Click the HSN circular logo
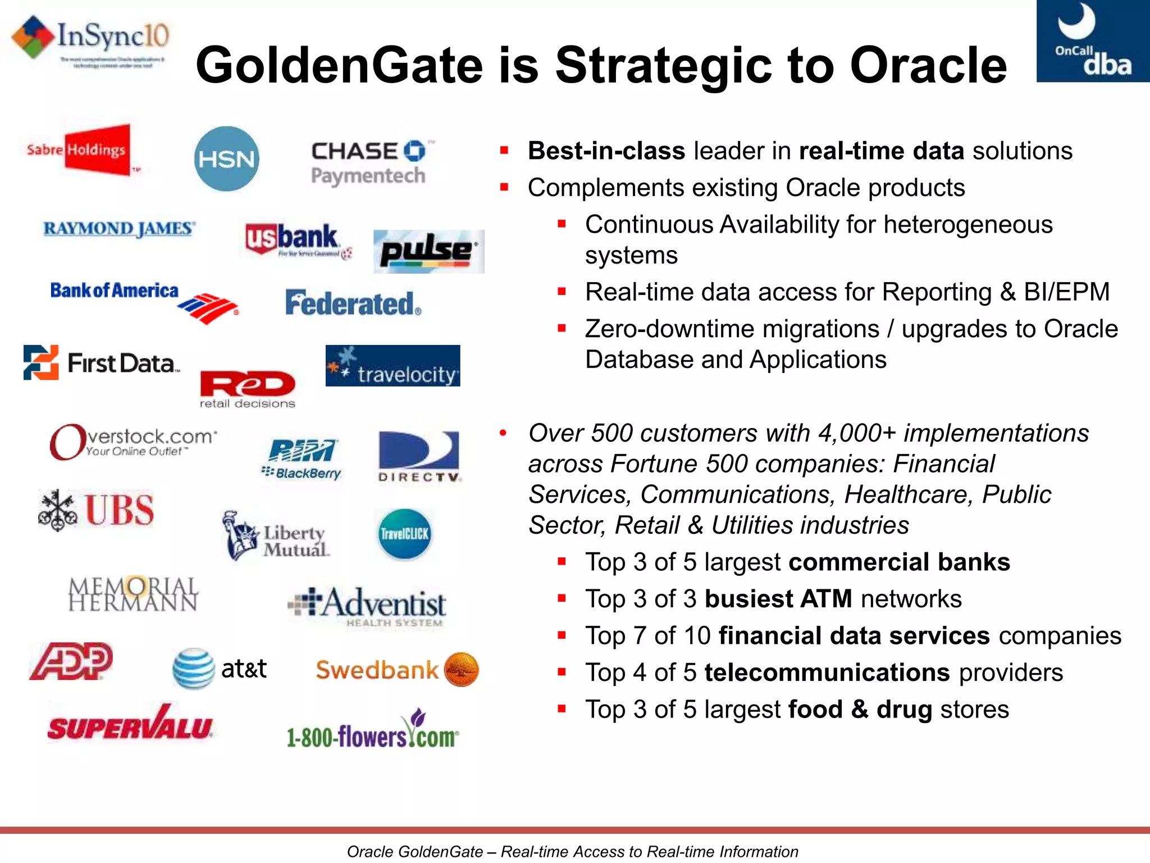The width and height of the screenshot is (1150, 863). tap(226, 158)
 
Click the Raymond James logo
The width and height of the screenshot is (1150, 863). tap(119, 229)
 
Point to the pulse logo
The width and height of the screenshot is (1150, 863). tap(428, 251)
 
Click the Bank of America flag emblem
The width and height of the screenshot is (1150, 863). tap(208, 308)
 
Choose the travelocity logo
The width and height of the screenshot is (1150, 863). tap(393, 366)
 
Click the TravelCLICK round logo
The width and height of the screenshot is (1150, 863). tap(404, 534)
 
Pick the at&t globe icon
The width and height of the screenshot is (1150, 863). tap(193, 669)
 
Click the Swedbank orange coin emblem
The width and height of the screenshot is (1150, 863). tap(461, 670)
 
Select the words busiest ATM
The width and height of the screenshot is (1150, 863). tap(778, 599)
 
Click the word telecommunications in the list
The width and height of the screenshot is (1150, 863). tap(827, 673)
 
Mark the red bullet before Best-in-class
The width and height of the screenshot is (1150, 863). tap(504, 151)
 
